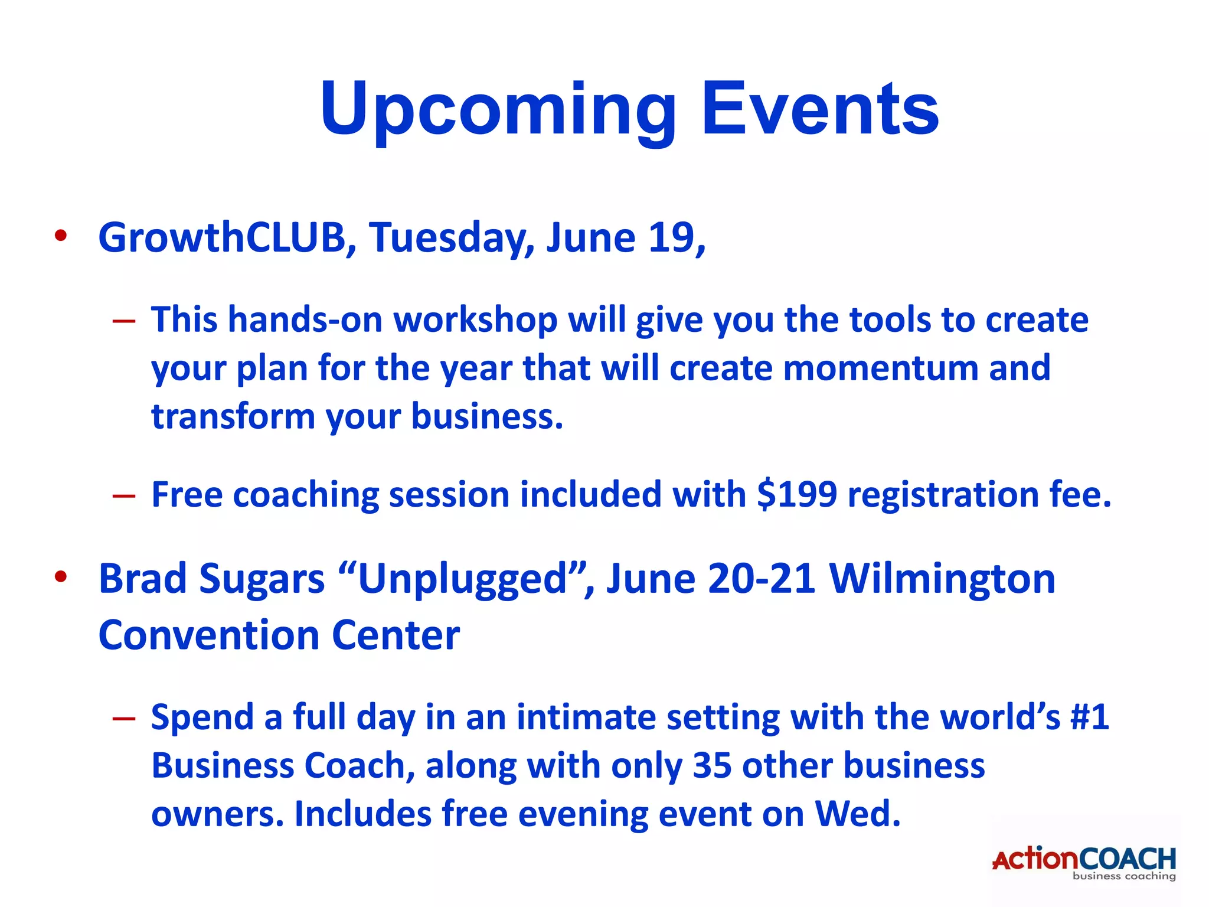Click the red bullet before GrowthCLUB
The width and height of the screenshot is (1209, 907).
(x=61, y=236)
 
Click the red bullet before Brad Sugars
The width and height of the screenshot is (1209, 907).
(x=61, y=576)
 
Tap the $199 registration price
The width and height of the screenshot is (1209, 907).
(x=797, y=494)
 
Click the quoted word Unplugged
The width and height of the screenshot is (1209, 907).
(x=462, y=579)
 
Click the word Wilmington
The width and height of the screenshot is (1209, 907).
(x=942, y=579)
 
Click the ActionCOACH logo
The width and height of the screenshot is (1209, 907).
(x=1084, y=863)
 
